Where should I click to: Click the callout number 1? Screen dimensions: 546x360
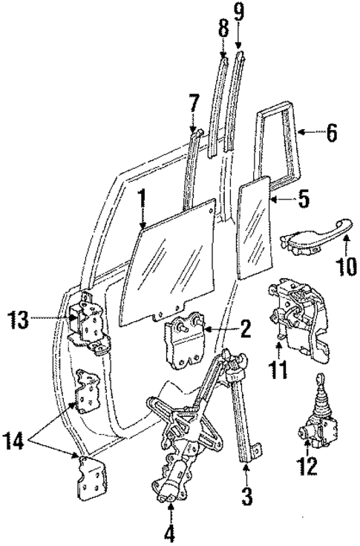click(140, 198)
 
